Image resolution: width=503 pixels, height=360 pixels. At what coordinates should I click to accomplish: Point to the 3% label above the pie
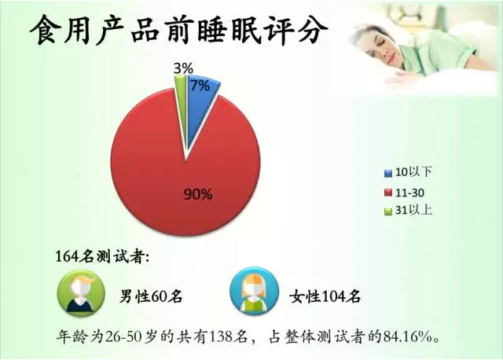click(183, 68)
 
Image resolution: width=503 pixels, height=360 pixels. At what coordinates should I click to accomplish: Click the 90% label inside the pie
click(197, 194)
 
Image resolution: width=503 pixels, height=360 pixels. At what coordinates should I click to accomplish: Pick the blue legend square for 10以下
click(388, 173)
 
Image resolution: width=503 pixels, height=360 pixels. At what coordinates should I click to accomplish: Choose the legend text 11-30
click(409, 193)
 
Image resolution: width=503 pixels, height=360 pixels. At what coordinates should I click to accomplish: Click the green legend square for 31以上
click(388, 211)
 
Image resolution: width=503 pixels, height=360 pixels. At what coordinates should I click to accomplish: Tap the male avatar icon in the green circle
click(81, 293)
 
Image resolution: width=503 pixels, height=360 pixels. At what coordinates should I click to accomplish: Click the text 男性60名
click(151, 296)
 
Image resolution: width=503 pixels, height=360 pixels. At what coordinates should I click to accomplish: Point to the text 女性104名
click(325, 296)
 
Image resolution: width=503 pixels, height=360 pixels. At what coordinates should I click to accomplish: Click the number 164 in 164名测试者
click(67, 257)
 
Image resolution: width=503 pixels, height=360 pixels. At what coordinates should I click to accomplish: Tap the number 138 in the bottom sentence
click(220, 337)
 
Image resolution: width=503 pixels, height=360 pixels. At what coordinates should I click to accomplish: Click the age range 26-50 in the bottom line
click(123, 337)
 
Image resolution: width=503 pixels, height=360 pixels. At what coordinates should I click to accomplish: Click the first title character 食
click(45, 31)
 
